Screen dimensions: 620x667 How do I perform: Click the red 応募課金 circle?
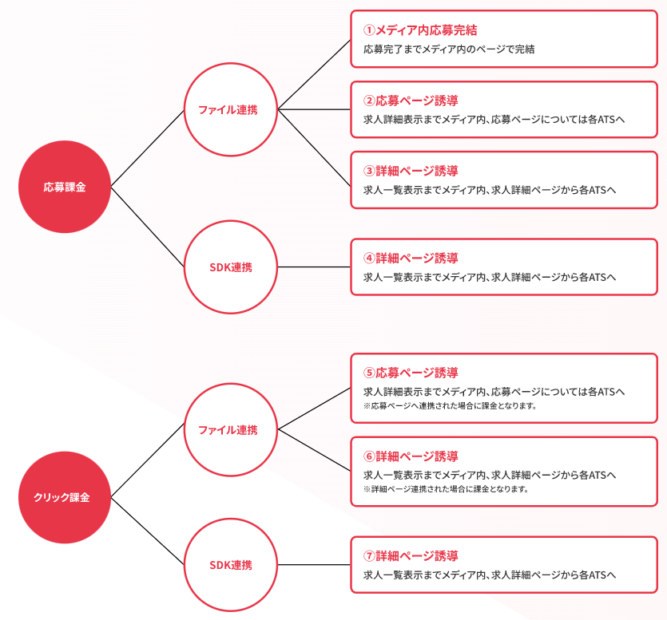pyautogui.click(x=64, y=187)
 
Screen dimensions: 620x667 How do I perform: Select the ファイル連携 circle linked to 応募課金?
pyautogui.click(x=231, y=109)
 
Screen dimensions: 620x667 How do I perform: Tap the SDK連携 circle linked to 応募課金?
pyautogui.click(x=231, y=267)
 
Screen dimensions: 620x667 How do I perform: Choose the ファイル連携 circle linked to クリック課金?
pyautogui.click(x=231, y=429)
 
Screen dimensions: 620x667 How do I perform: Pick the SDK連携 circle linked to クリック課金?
pyautogui.click(x=231, y=565)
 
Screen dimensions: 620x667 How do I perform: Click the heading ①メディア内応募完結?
pyautogui.click(x=420, y=30)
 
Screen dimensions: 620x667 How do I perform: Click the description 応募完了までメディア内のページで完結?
pyautogui.click(x=448, y=49)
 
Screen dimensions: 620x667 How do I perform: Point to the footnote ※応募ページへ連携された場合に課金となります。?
pyautogui.click(x=449, y=406)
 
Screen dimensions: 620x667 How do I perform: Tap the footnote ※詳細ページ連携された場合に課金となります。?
pyautogui.click(x=446, y=489)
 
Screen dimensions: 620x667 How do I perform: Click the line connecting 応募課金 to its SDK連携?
pyautogui.click(x=148, y=227)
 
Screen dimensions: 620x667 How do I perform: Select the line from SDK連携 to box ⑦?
pyautogui.click(x=314, y=565)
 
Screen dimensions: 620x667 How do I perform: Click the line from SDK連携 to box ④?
pyautogui.click(x=314, y=267)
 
